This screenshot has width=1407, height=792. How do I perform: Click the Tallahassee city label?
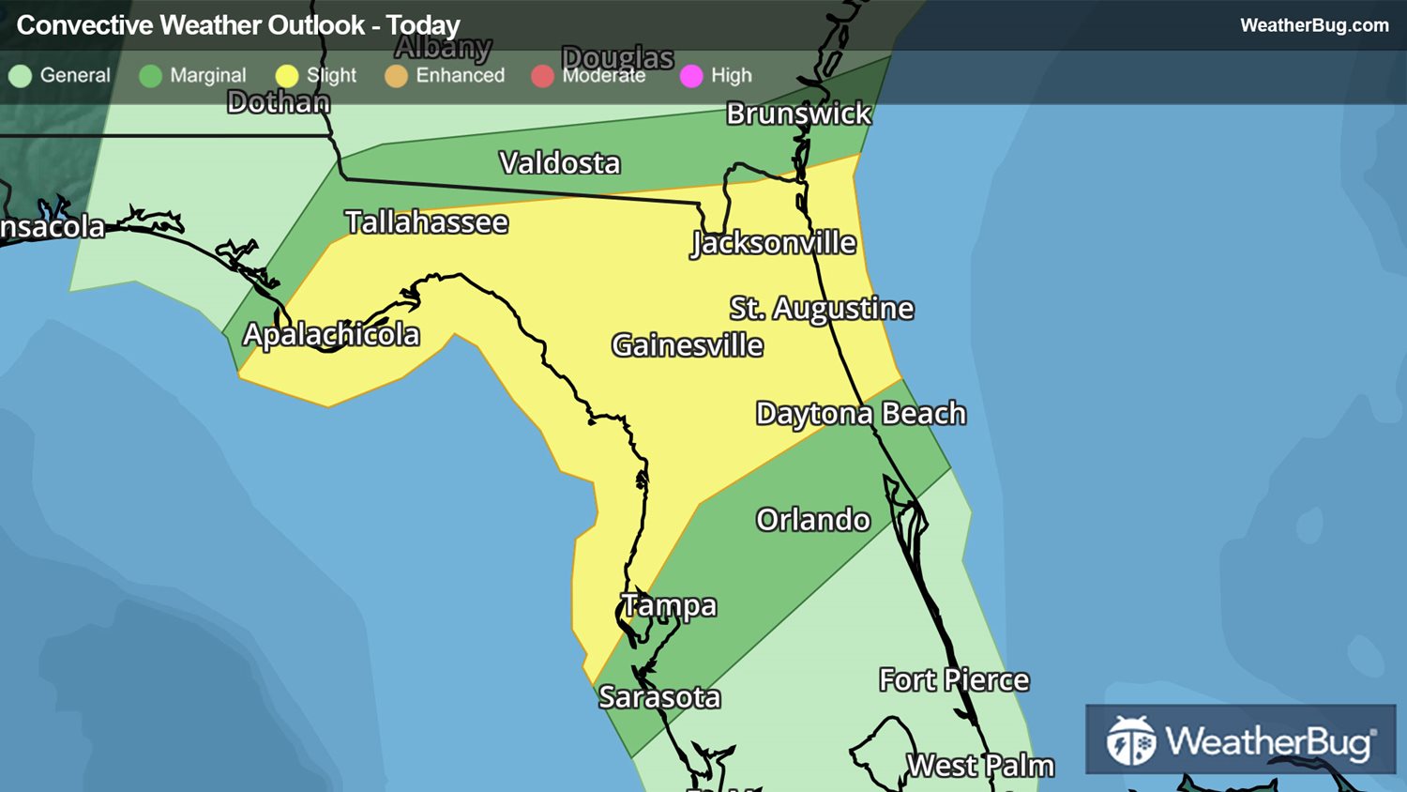(427, 222)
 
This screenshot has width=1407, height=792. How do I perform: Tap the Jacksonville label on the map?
(774, 243)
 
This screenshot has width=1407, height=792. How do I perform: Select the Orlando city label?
(813, 520)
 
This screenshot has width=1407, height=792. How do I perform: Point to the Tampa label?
(669, 606)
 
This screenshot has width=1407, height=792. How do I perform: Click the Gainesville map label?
(688, 345)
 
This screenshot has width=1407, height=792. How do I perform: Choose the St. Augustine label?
(822, 309)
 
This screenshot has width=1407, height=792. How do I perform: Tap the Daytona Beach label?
(861, 414)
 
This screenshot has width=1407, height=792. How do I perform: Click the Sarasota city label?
(659, 697)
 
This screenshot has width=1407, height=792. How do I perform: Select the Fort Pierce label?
(954, 680)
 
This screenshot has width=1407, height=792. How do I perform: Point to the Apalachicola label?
(331, 335)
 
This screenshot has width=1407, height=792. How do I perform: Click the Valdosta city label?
(560, 163)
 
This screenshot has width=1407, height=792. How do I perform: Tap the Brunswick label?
(799, 114)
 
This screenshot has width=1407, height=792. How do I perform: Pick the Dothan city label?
(279, 101)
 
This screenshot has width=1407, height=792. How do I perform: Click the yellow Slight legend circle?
(287, 76)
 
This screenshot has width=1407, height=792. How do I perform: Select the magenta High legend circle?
(691, 76)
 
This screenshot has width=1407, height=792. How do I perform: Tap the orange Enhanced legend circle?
(396, 76)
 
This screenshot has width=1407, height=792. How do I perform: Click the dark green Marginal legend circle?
(150, 76)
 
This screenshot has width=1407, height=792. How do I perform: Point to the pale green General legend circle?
(21, 76)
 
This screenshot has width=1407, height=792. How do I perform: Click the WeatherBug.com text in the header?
(1314, 25)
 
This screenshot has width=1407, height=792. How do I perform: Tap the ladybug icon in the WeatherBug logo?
(1130, 741)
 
